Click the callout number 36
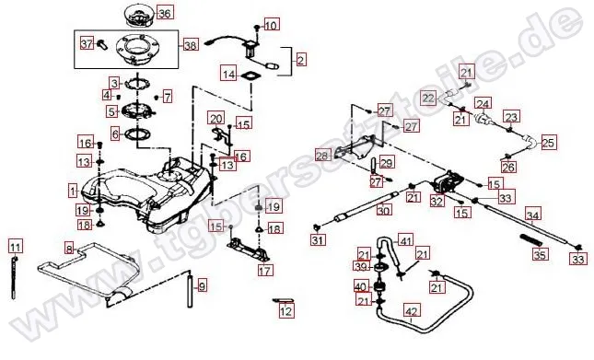[x=164, y=13]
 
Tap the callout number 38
[x=191, y=44]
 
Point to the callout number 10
[x=270, y=26]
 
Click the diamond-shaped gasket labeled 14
[x=250, y=75]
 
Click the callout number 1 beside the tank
[x=72, y=191]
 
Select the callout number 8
[x=69, y=248]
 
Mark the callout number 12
[x=286, y=311]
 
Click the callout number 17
[x=265, y=271]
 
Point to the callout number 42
[x=413, y=311]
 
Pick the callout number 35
[x=541, y=254]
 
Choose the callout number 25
[x=548, y=143]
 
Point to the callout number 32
[x=437, y=200]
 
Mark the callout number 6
[x=115, y=134]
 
